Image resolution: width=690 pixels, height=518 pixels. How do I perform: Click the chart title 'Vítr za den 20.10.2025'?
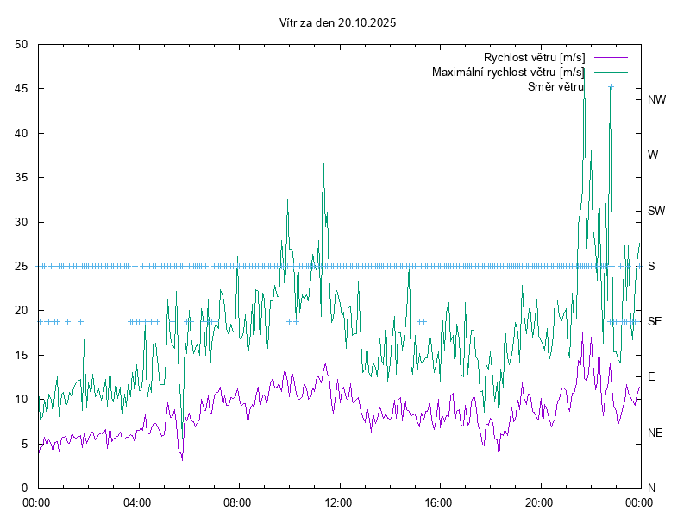pos(338,23)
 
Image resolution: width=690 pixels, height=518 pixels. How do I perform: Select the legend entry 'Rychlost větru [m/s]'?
pos(534,57)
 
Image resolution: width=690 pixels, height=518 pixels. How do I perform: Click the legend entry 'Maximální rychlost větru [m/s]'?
pos(508,72)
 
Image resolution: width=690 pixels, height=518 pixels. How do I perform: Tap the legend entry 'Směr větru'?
pos(556,86)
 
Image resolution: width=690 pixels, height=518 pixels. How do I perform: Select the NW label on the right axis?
pos(657,99)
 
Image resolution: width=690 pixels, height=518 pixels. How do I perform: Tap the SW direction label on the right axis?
pos(657,211)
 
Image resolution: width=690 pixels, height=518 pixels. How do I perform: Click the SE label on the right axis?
pos(655,321)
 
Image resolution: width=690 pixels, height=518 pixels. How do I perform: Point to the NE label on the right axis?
pos(655,433)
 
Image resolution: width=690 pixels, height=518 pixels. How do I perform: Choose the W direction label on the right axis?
pos(653,155)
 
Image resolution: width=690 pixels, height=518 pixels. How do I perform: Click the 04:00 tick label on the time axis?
pos(138,502)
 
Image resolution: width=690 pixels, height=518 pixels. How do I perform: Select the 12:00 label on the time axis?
pos(338,502)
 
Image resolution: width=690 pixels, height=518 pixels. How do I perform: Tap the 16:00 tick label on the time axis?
pos(439,502)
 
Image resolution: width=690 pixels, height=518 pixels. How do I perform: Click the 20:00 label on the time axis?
pos(539,502)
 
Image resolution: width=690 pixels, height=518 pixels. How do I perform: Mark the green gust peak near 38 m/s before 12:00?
pos(323,151)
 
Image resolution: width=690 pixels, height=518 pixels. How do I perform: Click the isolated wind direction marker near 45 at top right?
pos(611,87)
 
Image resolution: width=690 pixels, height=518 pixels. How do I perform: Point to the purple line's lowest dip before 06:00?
pos(182,459)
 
